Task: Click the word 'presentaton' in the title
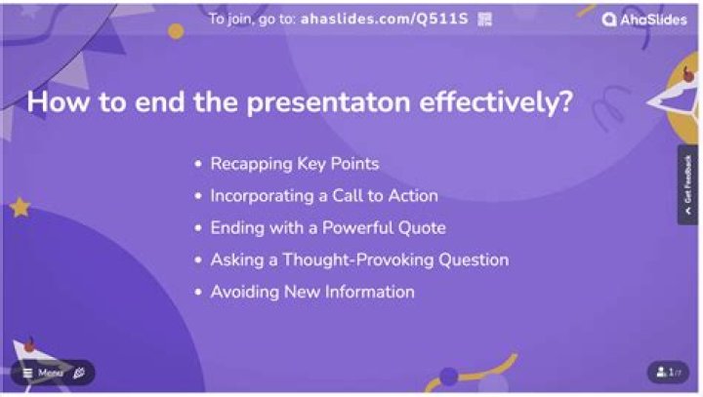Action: [x=329, y=102]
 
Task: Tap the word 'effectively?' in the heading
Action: [x=496, y=101]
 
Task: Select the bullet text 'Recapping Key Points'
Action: [x=295, y=164]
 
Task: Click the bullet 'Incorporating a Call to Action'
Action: [x=324, y=196]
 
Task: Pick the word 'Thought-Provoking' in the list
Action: [x=357, y=260]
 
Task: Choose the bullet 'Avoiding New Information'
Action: [x=312, y=293]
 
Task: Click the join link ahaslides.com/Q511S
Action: [x=385, y=19]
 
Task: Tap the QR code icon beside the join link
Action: [x=484, y=20]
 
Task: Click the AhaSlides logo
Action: [x=644, y=20]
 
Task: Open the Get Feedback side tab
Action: [x=687, y=184]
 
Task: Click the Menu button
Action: [x=44, y=373]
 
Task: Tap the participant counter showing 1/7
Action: [x=668, y=372]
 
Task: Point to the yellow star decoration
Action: [x=20, y=208]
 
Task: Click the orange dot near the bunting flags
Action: [x=176, y=31]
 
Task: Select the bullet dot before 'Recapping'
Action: [x=198, y=164]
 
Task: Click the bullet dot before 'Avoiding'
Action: [x=198, y=293]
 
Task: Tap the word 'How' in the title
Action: [x=58, y=101]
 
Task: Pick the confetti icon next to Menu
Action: [x=79, y=373]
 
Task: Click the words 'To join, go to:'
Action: [x=252, y=20]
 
